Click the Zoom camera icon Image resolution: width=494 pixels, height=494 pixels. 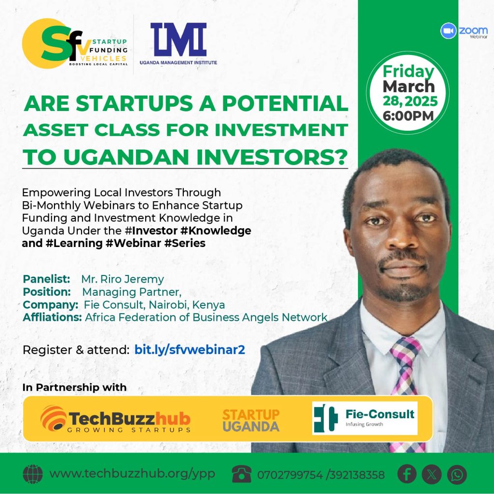click(448, 31)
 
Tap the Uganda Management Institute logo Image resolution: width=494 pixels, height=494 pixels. click(178, 43)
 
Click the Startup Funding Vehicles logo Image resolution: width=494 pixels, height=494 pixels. click(75, 43)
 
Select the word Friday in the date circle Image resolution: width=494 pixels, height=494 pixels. click(408, 72)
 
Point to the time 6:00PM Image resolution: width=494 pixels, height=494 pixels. click(408, 116)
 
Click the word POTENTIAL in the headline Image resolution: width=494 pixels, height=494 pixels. click(285, 103)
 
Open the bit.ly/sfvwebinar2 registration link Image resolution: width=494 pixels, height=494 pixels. click(190, 350)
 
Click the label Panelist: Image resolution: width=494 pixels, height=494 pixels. click(46, 279)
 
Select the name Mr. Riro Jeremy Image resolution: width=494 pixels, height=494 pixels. click(123, 279)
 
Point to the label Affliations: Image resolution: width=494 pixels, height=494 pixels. click(52, 317)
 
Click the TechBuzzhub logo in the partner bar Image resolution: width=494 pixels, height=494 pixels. click(116, 419)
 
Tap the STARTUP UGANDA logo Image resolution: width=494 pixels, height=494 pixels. click(251, 420)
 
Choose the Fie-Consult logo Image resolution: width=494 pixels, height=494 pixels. click(365, 418)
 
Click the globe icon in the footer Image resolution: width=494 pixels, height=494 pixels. click(33, 474)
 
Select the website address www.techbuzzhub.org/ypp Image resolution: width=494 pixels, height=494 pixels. click(132, 474)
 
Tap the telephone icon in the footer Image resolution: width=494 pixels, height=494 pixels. click(242, 474)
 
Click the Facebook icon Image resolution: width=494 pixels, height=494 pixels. click(407, 474)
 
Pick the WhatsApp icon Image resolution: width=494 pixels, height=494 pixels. click(457, 475)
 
